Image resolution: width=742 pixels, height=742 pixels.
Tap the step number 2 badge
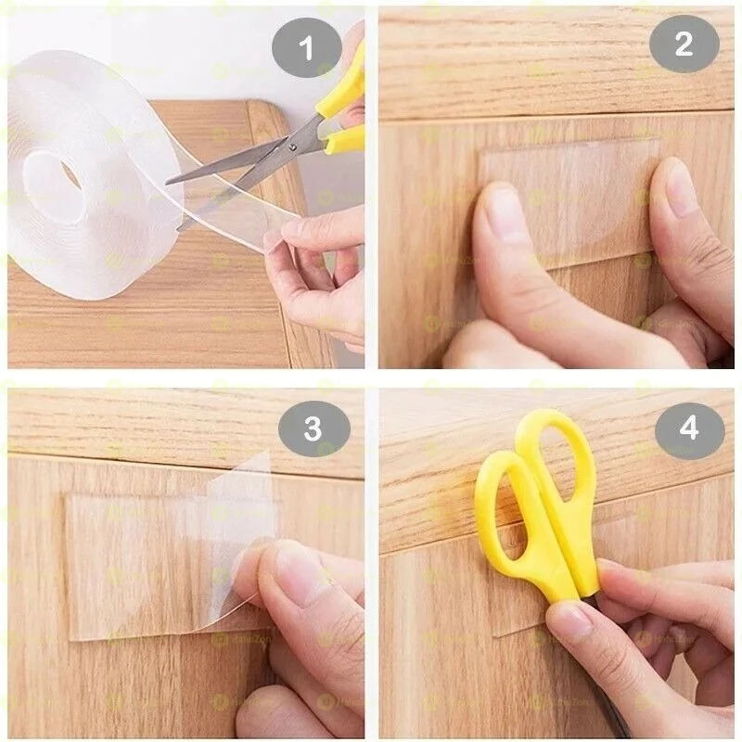click(684, 45)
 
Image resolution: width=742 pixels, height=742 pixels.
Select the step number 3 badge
click(313, 429)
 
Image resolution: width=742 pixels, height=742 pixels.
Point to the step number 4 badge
click(689, 429)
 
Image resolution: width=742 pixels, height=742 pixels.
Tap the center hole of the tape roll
click(63, 173)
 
